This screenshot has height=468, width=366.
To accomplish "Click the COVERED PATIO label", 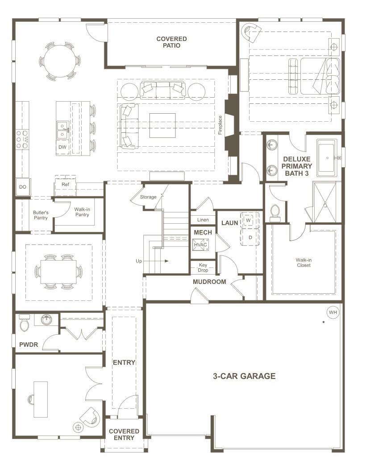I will coord(171,42).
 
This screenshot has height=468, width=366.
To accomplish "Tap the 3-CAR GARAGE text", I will coord(244,376).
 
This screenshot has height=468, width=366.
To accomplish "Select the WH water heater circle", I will coord(333,312).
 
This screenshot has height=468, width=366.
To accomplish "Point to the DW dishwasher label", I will coord(62,147).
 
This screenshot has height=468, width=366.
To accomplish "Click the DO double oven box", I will coord(22,187).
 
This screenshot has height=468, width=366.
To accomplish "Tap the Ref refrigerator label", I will coord(65,184).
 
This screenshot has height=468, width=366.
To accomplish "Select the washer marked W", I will coord(248,221).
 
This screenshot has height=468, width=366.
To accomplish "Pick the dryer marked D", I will coord(250,237).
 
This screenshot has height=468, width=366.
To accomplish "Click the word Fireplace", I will coord(220,125).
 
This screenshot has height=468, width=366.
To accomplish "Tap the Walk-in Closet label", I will coord(303,263).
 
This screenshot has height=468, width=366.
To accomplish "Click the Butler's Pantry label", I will coord(41,215).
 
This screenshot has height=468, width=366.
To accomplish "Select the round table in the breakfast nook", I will coord(59,61).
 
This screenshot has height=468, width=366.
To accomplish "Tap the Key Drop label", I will coord(203,267).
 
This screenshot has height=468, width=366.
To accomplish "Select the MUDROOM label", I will coord(209,282).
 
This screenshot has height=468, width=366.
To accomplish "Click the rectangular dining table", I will coord(58,271).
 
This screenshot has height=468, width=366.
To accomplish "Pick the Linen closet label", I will coord(202,220).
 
